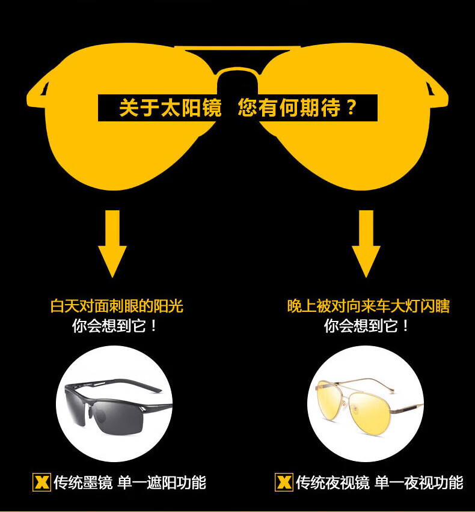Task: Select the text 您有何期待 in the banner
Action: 289,108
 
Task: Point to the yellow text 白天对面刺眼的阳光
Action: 117,306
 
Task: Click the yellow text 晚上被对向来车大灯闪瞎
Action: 368,306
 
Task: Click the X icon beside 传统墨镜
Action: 41,482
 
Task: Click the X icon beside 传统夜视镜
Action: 284,482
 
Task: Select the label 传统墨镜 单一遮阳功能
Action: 130,482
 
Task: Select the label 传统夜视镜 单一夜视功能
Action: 379,482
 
